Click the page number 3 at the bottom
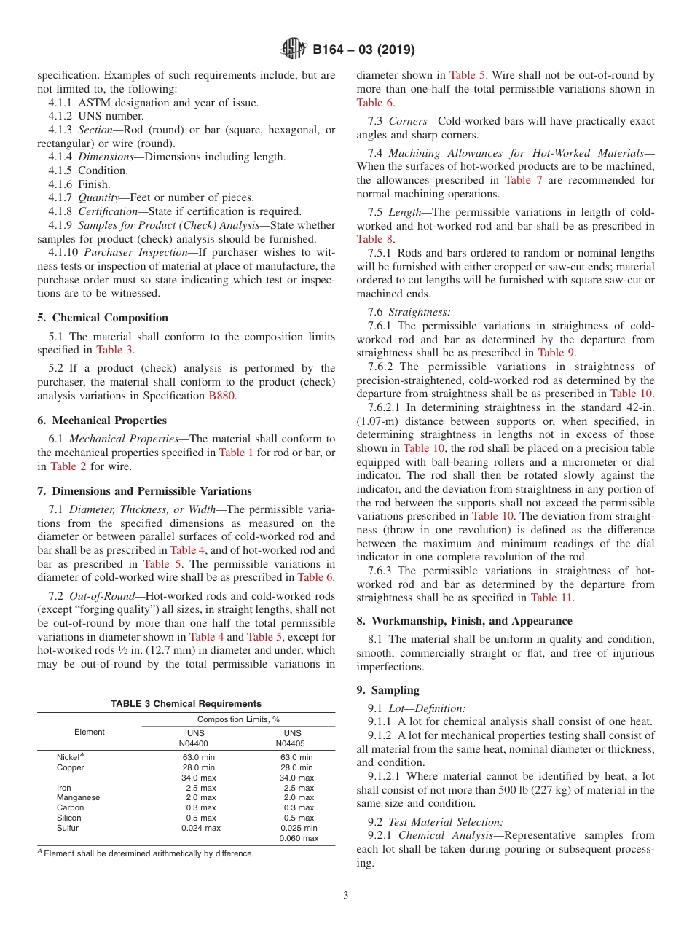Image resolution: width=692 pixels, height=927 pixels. [x=346, y=896]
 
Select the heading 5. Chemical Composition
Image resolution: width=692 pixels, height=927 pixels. [x=103, y=318]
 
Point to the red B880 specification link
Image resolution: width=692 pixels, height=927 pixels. [x=222, y=396]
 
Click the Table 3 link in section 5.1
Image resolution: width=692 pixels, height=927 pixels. [x=114, y=350]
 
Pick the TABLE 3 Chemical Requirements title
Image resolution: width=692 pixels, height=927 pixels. [x=186, y=704]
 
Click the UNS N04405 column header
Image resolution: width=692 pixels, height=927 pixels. [x=292, y=738]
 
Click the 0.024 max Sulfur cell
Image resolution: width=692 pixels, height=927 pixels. [x=200, y=828]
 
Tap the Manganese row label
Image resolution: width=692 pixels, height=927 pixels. [x=79, y=797]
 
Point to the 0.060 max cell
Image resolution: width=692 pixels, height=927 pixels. [x=299, y=838]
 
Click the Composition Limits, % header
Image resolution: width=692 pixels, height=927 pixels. [x=238, y=719]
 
